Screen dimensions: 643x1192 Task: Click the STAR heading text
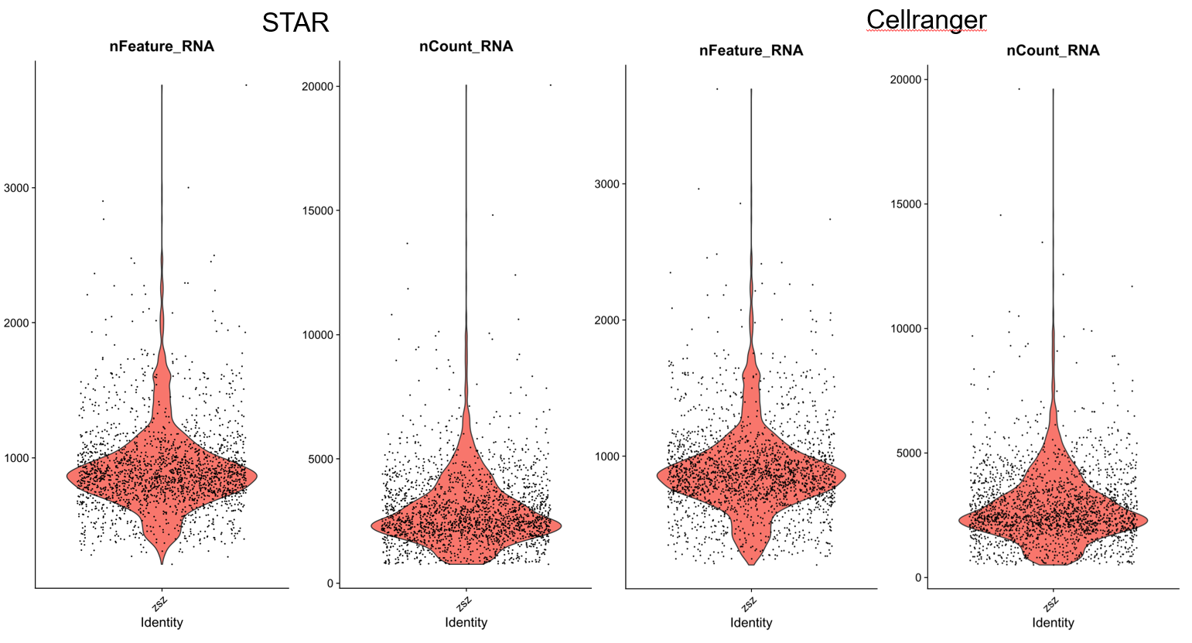click(295, 22)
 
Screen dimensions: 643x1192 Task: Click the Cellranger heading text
click(926, 19)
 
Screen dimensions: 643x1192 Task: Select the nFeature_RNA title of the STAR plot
click(162, 46)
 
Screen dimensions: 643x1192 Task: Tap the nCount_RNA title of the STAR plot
click(466, 46)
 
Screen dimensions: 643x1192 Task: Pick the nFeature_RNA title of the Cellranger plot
click(750, 51)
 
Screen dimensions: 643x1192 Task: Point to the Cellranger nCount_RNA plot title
click(1052, 51)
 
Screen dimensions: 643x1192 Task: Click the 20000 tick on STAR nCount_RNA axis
click(317, 87)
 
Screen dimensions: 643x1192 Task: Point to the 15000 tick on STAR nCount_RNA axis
click(317, 211)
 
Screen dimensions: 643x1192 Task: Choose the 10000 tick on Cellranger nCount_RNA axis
click(907, 329)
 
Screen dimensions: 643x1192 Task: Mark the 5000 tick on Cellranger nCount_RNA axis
click(910, 453)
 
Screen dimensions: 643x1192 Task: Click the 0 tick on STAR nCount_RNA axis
click(330, 583)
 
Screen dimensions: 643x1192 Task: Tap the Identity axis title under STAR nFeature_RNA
click(162, 623)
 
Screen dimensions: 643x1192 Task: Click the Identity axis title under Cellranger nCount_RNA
click(1052, 623)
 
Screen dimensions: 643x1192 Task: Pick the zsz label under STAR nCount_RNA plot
click(464, 603)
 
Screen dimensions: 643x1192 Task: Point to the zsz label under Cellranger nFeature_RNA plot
click(749, 604)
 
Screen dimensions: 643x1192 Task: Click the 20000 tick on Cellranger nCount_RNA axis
click(907, 80)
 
